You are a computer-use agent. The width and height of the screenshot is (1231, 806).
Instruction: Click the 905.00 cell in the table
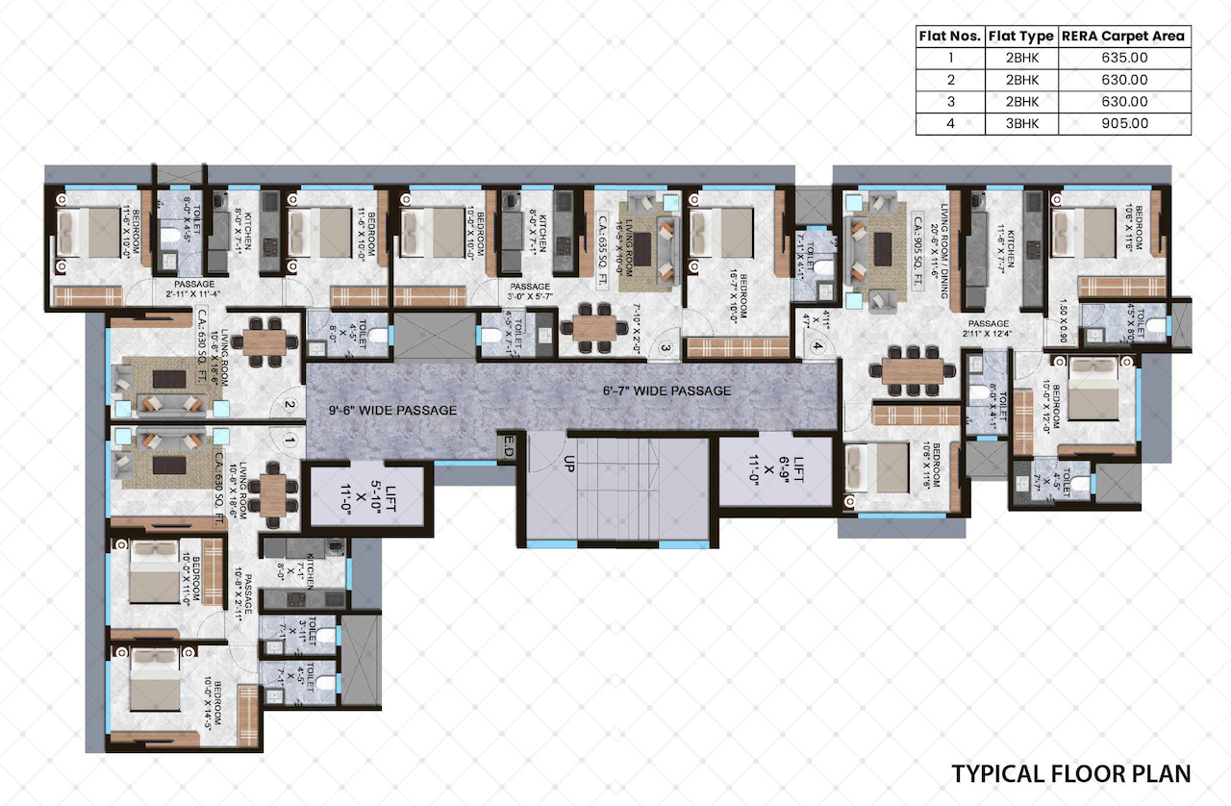(1123, 123)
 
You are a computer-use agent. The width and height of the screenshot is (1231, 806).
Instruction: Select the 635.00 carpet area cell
(1123, 58)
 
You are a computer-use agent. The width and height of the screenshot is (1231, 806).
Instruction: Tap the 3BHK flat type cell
(1020, 123)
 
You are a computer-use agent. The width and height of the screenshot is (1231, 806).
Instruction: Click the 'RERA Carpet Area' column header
(1123, 37)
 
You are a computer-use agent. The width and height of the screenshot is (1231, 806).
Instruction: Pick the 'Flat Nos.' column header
(949, 37)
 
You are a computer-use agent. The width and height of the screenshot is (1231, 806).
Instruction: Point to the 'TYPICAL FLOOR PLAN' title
(1070, 773)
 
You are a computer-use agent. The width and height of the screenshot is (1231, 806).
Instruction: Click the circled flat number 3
(664, 348)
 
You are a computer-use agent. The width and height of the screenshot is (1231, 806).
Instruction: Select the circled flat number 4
(817, 348)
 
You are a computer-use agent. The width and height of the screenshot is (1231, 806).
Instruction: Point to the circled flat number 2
(288, 405)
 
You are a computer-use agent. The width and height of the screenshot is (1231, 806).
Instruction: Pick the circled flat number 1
(288, 442)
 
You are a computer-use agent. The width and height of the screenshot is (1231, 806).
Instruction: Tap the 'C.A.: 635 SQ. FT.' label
(603, 245)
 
